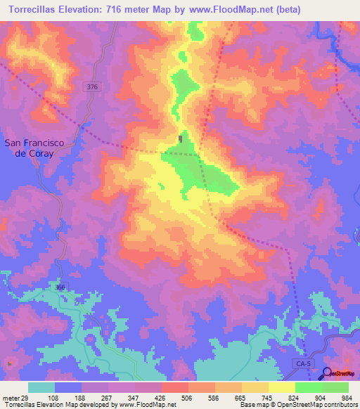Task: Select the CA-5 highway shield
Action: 301,362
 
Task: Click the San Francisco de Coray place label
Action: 34,148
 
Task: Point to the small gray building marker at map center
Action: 182,138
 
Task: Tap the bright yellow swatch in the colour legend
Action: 282,387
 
